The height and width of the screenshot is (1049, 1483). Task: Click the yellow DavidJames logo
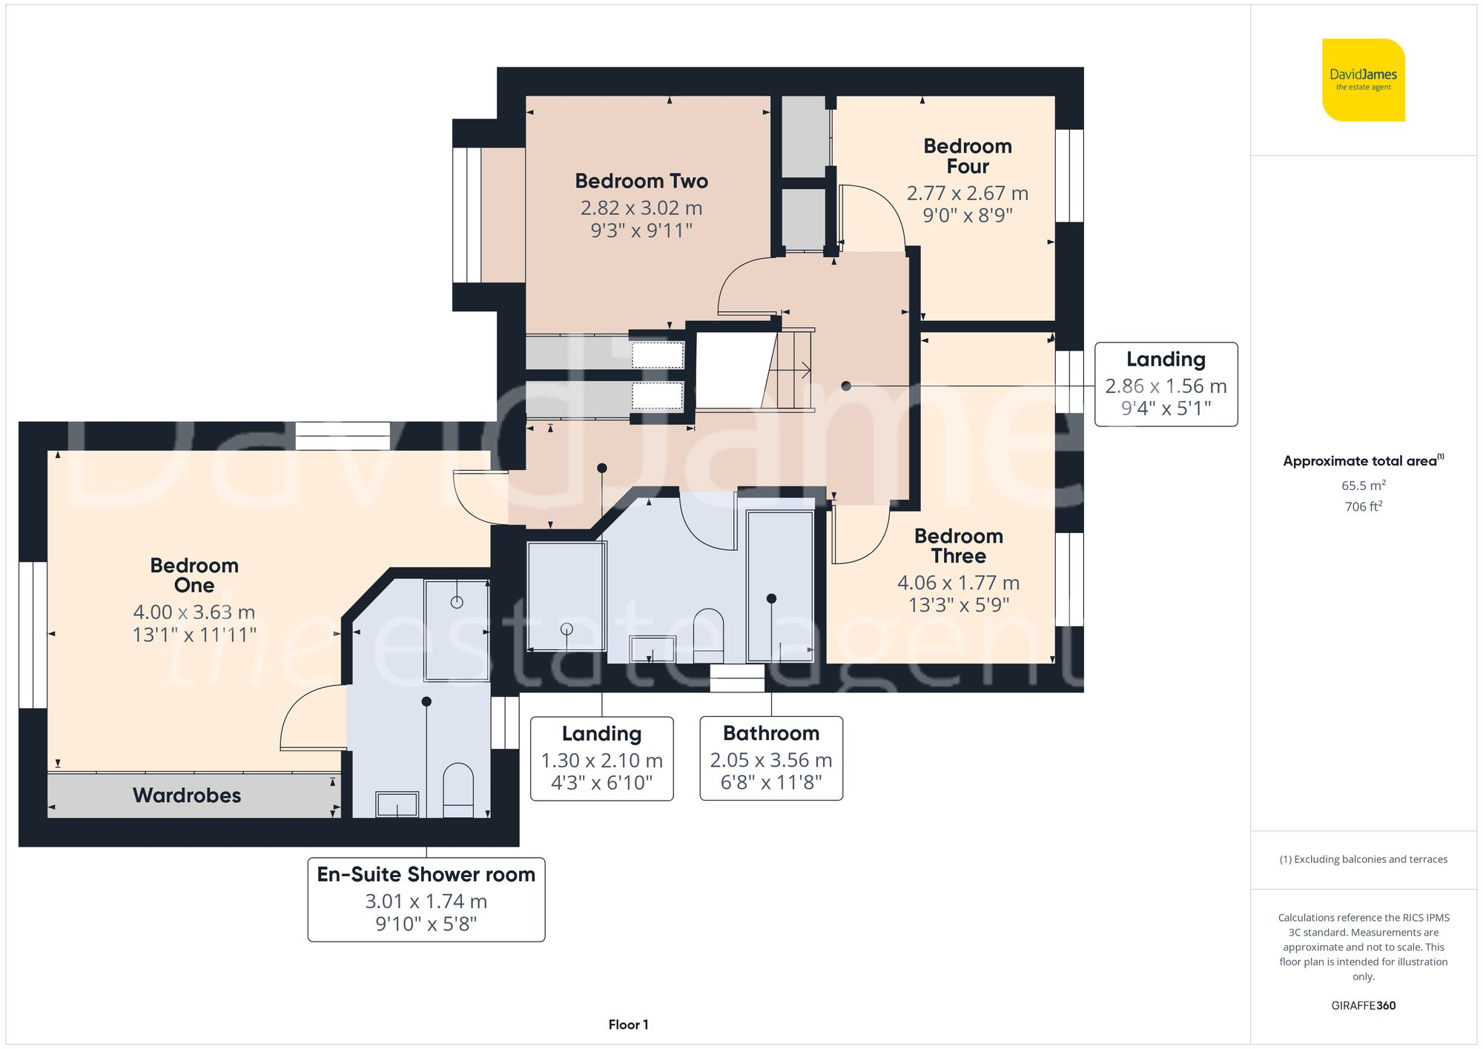pos(1363,80)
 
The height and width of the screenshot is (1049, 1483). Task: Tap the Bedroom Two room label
pos(641,181)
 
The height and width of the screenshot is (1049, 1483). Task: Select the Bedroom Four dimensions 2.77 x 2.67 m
pos(967,193)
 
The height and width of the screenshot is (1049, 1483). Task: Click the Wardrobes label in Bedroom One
pos(187,795)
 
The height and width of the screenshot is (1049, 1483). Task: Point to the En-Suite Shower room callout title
pos(426,875)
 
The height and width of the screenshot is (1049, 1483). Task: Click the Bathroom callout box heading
pos(771,733)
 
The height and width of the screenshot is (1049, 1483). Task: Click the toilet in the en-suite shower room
pos(458,790)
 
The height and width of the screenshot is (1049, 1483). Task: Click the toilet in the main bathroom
pos(708,635)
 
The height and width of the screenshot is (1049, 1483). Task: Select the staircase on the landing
pos(790,368)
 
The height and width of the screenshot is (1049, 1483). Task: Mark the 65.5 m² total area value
pos(1363,486)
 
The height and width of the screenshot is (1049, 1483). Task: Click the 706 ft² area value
pos(1363,506)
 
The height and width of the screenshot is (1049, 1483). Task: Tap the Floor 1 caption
pos(628,1025)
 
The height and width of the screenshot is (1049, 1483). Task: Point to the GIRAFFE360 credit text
pos(1363,1006)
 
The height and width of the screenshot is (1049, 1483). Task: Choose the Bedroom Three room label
pos(958,546)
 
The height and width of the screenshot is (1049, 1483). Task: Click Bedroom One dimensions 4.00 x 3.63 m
pos(194,612)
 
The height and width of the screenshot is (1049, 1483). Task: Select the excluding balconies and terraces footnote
pos(1363,859)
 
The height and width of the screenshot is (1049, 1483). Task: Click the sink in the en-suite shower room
pos(397,804)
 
